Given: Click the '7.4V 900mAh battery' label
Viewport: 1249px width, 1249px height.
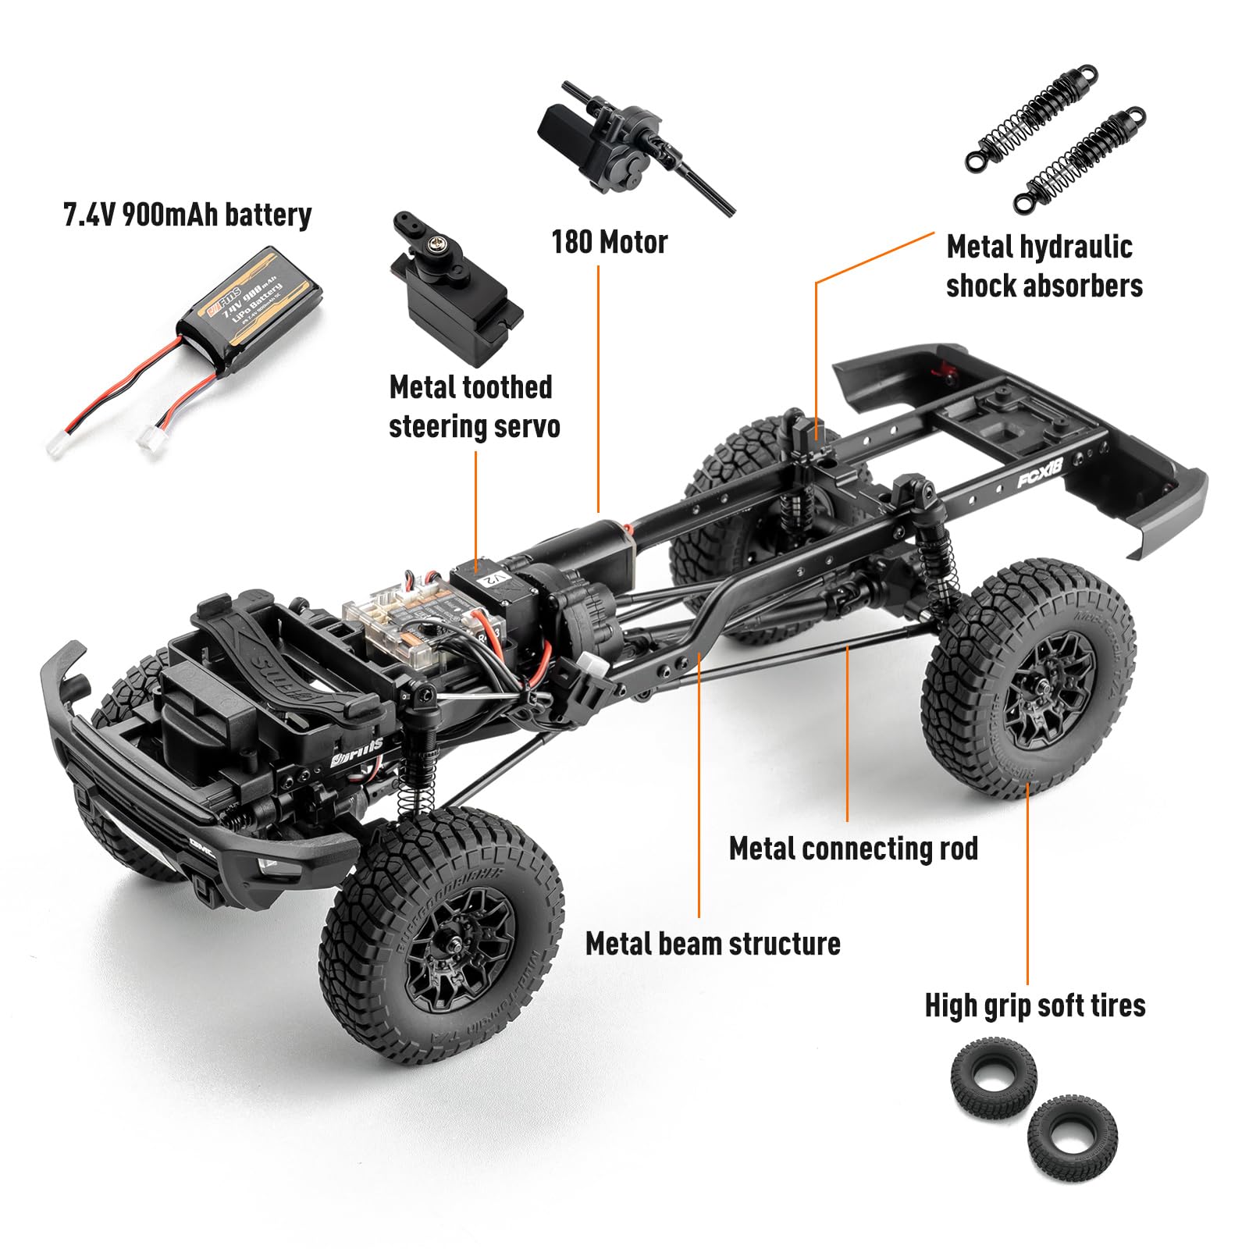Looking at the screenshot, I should [187, 215].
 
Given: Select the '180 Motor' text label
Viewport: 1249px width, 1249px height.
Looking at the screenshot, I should [610, 242].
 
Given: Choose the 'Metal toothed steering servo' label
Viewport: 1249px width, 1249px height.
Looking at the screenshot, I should [474, 407].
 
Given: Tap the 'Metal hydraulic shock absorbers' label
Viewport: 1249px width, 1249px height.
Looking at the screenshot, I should [1044, 266].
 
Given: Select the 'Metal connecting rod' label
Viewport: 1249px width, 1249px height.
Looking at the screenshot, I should [853, 849].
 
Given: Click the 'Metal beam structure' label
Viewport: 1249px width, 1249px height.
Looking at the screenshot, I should [713, 944].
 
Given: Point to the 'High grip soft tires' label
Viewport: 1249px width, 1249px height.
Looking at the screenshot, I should [1035, 1005].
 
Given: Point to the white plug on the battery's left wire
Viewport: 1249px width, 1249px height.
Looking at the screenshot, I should [57, 446].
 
